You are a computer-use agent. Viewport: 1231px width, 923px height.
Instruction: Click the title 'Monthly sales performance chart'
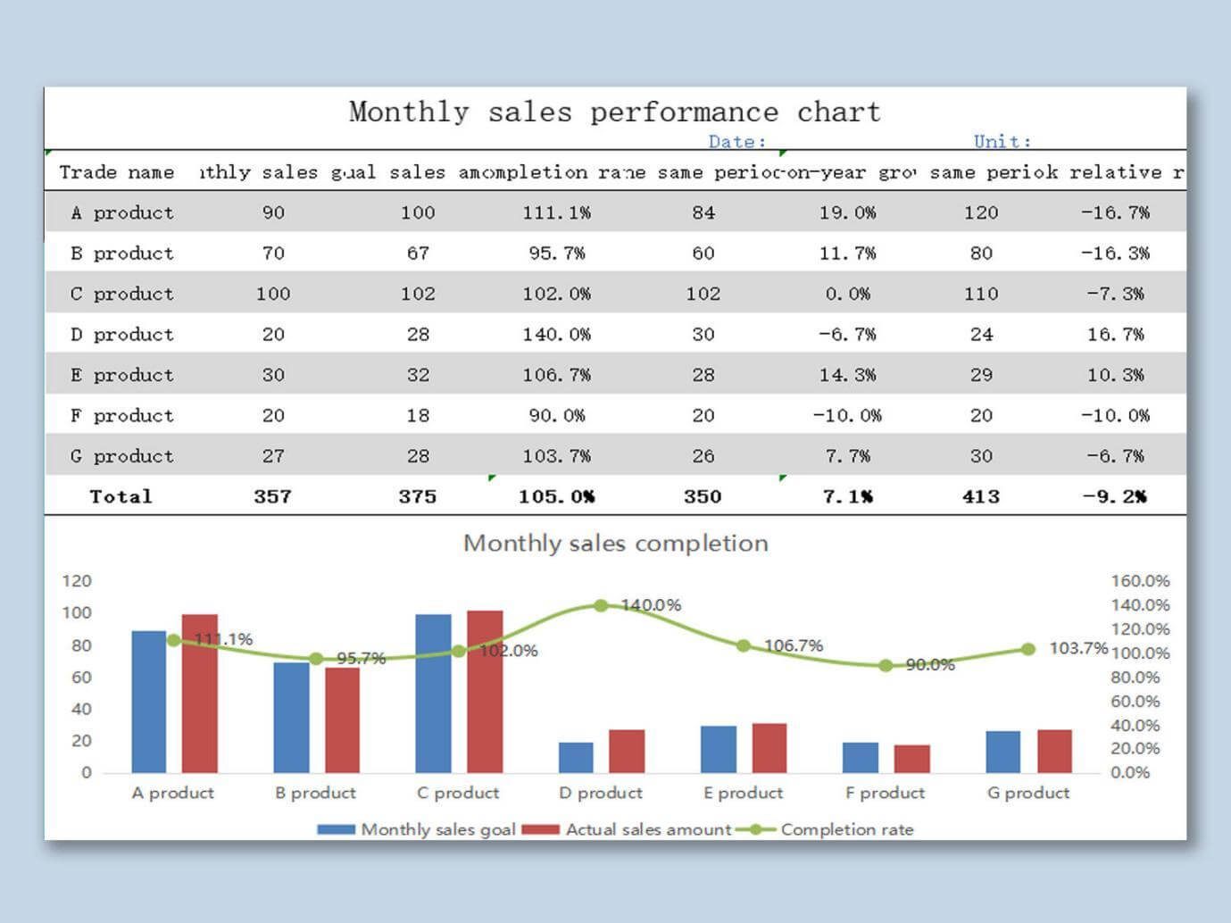(614, 112)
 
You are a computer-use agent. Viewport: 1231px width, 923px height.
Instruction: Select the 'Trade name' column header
(117, 172)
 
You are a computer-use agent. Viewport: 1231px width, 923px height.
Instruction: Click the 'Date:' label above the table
(736, 142)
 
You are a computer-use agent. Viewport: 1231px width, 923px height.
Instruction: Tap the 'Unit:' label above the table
(1002, 142)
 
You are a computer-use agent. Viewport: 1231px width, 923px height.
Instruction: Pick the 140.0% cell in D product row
(556, 335)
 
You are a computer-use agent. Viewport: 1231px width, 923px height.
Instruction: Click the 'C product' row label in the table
(122, 294)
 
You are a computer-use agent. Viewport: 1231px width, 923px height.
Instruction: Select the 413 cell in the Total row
(980, 496)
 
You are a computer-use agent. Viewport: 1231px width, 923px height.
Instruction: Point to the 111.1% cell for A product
(556, 213)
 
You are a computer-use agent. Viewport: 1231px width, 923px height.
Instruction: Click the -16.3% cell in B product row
(1115, 254)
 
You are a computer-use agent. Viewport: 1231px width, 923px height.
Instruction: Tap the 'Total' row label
(121, 496)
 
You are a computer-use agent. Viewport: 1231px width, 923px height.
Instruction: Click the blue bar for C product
(433, 694)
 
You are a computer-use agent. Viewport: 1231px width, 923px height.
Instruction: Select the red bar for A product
(199, 694)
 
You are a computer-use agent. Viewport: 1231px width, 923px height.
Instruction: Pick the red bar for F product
(911, 759)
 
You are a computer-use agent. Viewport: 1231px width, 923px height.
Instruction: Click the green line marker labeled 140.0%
(601, 605)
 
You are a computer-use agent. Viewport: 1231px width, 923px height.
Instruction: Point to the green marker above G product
(1028, 649)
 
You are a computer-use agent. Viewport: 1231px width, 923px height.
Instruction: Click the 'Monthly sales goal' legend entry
(417, 829)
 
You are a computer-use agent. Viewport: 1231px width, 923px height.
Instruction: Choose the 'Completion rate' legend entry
(826, 829)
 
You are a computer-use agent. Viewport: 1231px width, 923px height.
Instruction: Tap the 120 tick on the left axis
(77, 581)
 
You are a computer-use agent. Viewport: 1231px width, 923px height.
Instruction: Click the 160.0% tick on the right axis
(1140, 581)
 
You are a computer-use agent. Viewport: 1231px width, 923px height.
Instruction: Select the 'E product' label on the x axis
(743, 793)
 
